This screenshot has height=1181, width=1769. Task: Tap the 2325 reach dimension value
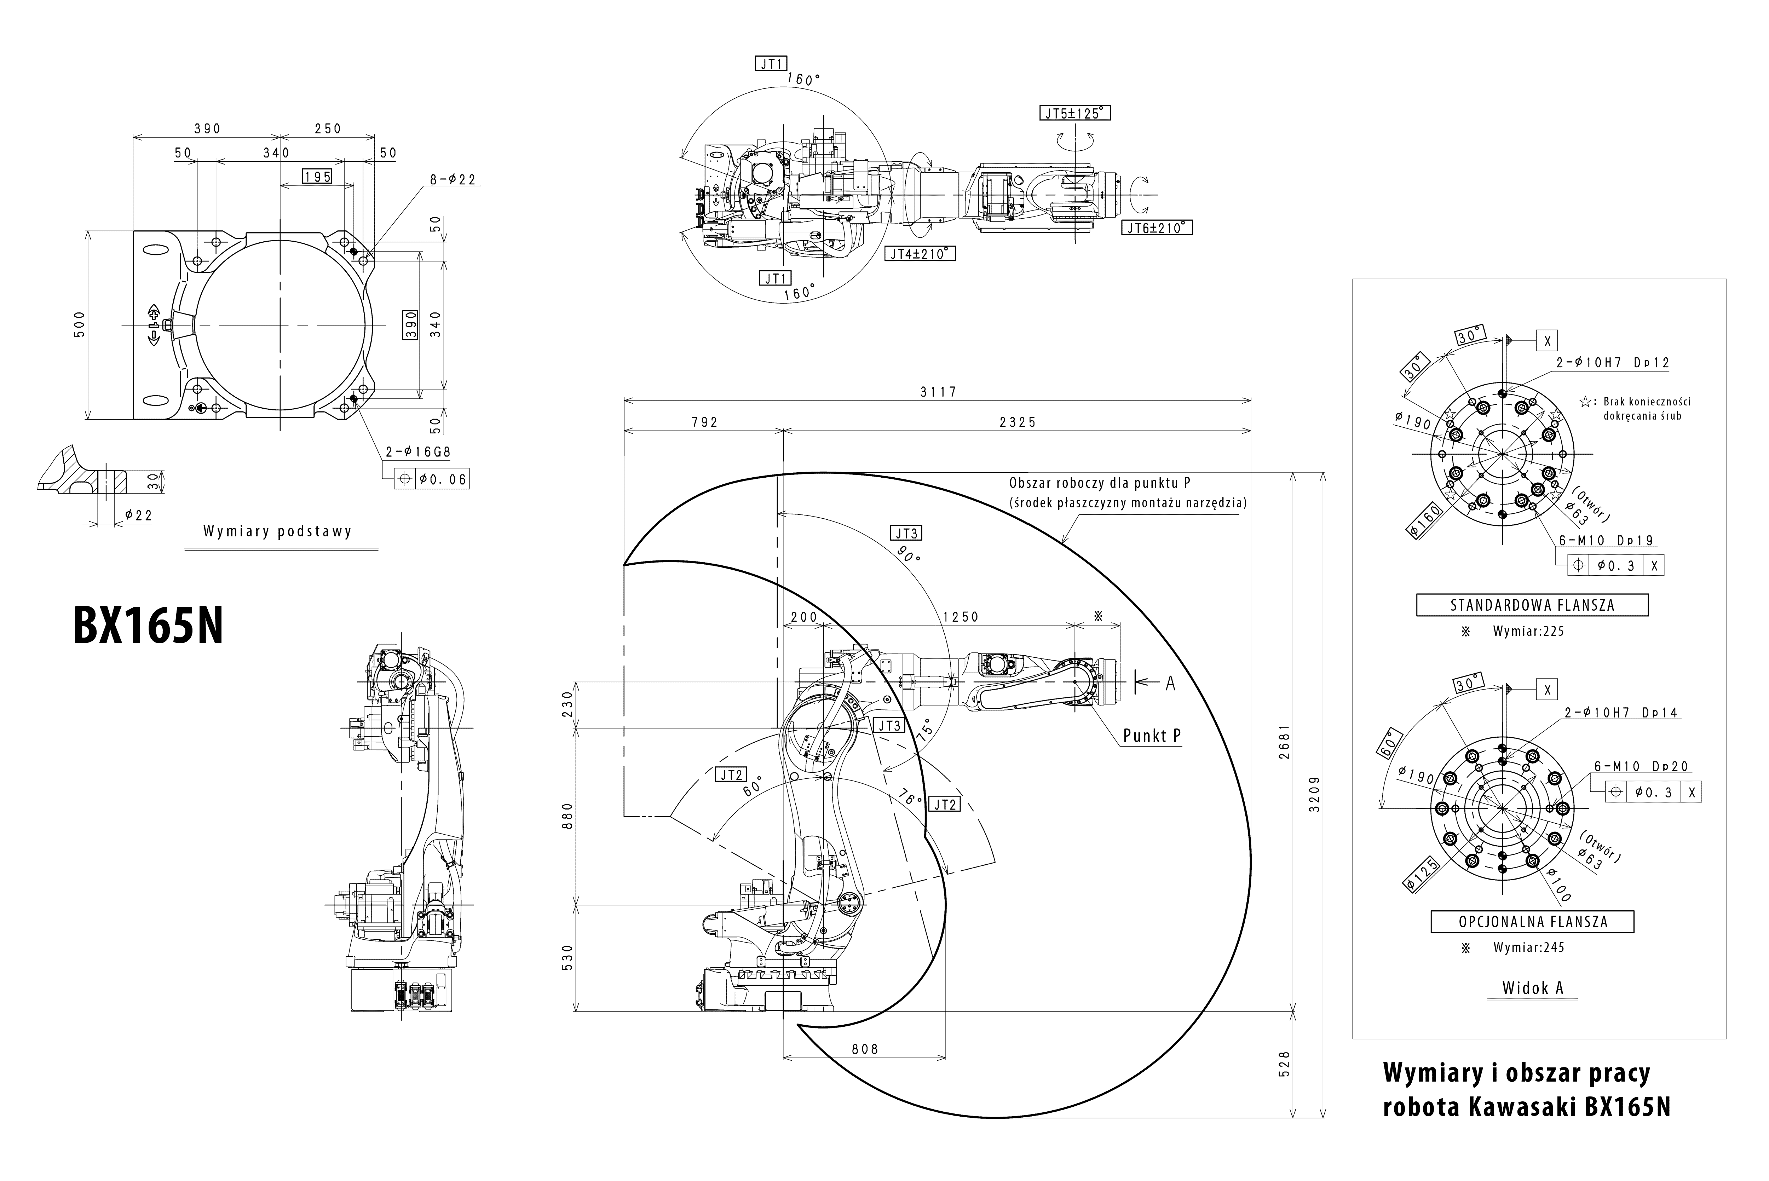(1018, 422)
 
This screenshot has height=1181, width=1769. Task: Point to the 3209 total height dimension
(1314, 795)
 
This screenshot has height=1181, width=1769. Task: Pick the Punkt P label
(1152, 736)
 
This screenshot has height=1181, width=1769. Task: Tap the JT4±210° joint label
(920, 254)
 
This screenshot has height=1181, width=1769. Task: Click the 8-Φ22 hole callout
(453, 179)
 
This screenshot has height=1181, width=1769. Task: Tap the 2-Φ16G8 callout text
(418, 452)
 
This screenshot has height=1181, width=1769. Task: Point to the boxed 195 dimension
(317, 176)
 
